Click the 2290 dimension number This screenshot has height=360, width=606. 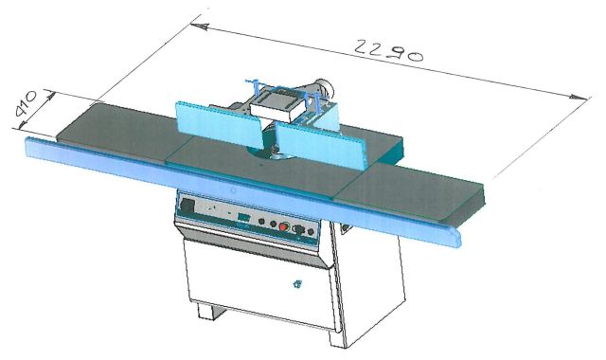388,50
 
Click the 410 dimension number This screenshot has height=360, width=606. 26,103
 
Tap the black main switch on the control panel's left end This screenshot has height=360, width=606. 187,207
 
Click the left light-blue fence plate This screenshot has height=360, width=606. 219,125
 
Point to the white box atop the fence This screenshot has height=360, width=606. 276,103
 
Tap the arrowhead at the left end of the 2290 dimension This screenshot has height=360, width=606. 200,27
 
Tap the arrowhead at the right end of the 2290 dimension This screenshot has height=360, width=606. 579,97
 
